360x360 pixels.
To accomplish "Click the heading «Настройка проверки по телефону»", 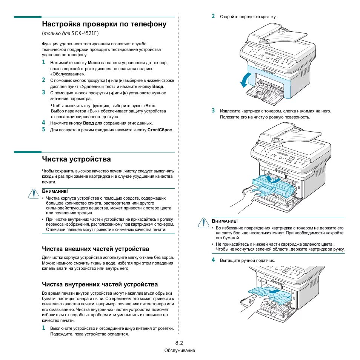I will point(104,24).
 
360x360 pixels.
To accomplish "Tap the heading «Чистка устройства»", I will point(76,159).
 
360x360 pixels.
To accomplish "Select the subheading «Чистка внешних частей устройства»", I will point(95,249).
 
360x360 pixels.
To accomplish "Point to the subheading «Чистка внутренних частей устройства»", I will point(100,284).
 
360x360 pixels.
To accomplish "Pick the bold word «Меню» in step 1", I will point(94,63).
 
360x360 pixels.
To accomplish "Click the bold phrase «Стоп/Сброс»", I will point(160,130).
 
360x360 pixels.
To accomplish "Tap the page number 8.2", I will point(179,343).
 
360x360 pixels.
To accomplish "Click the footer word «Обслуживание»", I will point(180,351).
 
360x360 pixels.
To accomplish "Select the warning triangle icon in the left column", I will point(34,194).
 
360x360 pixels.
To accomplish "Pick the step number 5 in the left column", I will point(43,129).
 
